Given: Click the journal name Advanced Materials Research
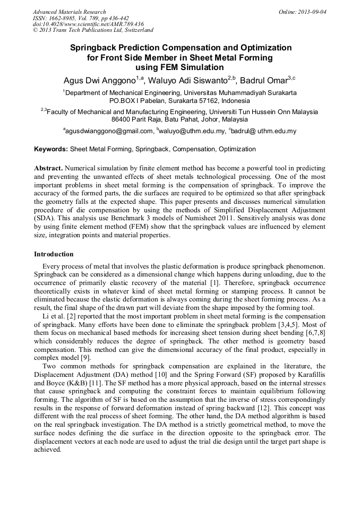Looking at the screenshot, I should click(69, 12).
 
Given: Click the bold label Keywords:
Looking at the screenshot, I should click(51, 149).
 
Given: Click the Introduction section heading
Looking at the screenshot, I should click(54, 254).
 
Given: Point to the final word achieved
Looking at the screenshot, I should click(48, 450).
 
